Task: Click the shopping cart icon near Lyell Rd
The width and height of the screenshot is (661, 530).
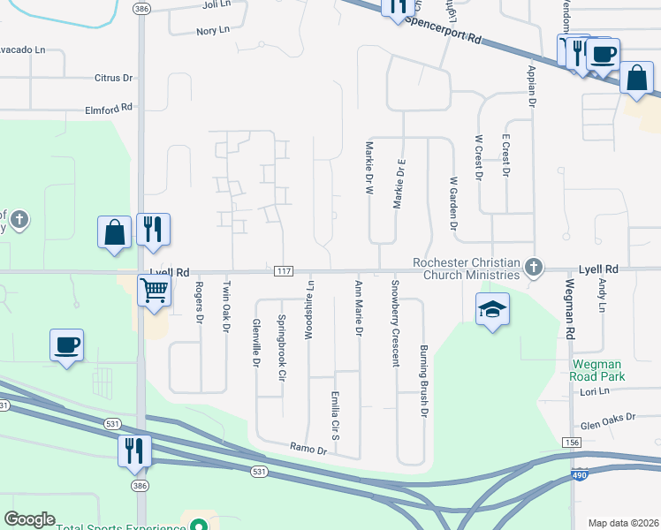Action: pyautogui.click(x=155, y=289)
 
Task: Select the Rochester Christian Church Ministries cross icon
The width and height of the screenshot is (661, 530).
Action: pyautogui.click(x=532, y=267)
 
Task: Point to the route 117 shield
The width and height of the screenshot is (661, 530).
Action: pyautogui.click(x=283, y=270)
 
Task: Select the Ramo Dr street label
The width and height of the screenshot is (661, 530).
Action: pyautogui.click(x=308, y=450)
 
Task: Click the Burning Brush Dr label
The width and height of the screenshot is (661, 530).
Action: pyautogui.click(x=424, y=381)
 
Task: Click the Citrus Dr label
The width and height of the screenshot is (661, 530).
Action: pyautogui.click(x=113, y=78)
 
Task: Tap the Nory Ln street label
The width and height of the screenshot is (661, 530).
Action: pyautogui.click(x=213, y=31)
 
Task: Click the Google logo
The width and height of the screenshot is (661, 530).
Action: pyautogui.click(x=29, y=519)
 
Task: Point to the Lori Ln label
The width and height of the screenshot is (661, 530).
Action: pyautogui.click(x=596, y=390)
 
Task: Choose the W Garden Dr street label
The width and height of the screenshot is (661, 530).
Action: pyautogui.click(x=453, y=203)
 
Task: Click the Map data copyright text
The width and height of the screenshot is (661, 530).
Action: pyautogui.click(x=623, y=523)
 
